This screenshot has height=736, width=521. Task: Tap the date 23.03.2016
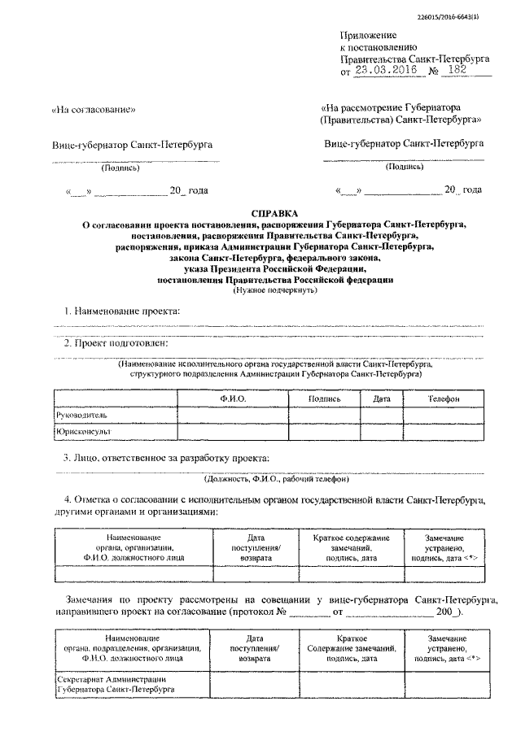point(382,71)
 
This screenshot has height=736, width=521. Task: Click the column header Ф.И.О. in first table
point(233,399)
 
